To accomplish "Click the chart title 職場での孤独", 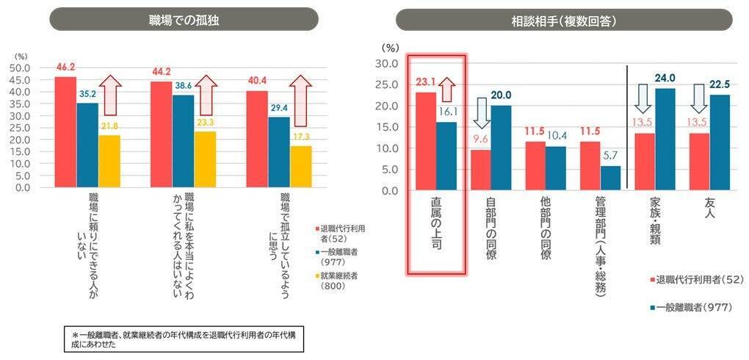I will [x=184, y=20].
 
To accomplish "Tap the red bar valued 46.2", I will [x=65, y=132].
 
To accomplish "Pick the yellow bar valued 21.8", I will [x=109, y=161].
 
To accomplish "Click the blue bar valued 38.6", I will [x=183, y=141].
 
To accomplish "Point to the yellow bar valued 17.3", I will [x=300, y=166].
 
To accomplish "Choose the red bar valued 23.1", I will [x=426, y=141].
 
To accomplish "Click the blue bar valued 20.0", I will [x=500, y=148].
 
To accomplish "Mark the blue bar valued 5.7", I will [x=610, y=178].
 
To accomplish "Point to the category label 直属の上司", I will [x=436, y=220].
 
